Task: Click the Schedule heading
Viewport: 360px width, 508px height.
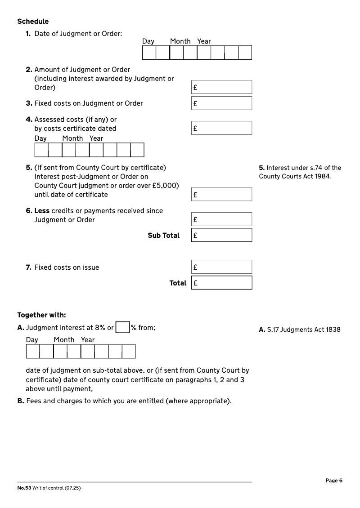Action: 33,22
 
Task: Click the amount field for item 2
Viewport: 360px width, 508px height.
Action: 221,87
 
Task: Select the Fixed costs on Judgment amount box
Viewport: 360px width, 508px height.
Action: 221,103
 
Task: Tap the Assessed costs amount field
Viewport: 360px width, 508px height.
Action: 221,128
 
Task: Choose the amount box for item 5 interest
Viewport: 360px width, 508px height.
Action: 221,195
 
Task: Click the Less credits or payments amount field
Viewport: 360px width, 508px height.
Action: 221,219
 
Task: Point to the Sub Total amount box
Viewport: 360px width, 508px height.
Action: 221,235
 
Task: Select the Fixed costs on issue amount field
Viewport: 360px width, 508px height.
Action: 221,267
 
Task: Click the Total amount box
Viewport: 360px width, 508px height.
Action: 221,283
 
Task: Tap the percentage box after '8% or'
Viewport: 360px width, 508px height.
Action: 122,327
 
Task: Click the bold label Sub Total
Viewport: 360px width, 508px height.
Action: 163,236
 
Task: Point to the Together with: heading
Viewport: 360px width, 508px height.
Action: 41,315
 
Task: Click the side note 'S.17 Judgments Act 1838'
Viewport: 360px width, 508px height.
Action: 300,330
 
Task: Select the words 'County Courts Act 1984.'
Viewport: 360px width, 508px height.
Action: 295,176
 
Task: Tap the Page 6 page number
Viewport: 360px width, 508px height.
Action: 334,481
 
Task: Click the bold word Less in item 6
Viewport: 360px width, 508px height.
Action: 42,211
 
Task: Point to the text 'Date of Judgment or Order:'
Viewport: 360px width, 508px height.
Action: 78,34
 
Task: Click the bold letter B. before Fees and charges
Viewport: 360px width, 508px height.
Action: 21,401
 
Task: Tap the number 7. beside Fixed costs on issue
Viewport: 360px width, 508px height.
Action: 28,267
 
